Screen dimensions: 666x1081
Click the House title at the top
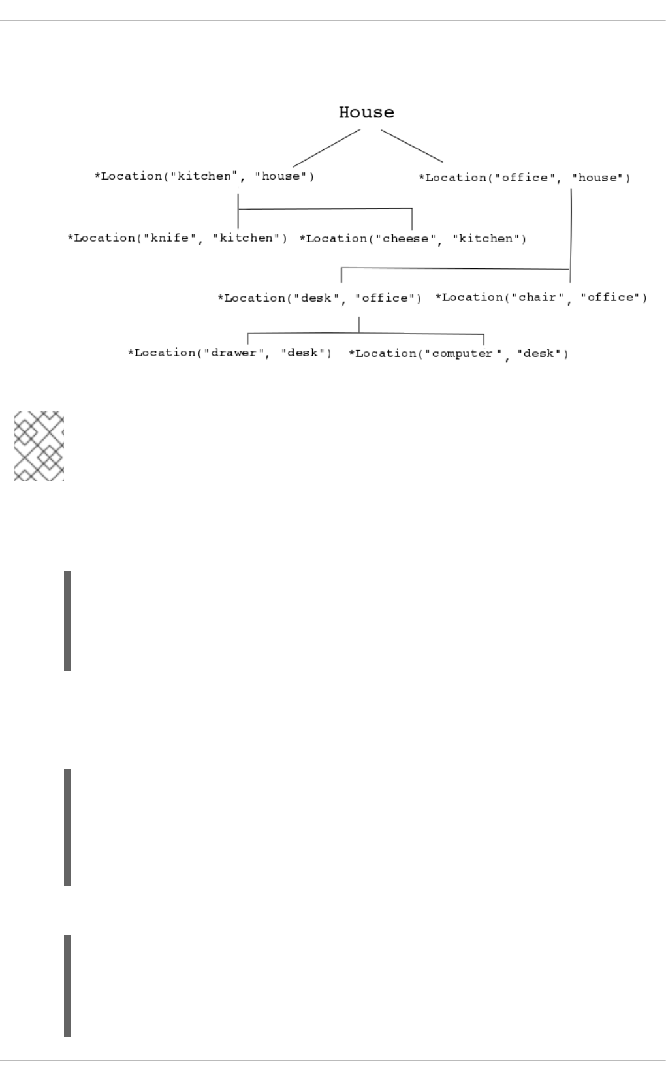[x=366, y=112]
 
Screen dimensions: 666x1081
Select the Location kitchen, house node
[x=204, y=176]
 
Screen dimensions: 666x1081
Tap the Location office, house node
[x=524, y=178]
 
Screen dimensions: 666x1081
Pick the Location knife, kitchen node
[x=177, y=238]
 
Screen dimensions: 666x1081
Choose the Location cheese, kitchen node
[x=413, y=239]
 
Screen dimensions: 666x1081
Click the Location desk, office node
[x=319, y=298]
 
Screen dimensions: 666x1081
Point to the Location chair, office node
[x=541, y=298]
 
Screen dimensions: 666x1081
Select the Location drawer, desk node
[x=229, y=353]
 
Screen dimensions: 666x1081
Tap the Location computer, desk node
[x=458, y=354]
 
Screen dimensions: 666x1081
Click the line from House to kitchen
[x=326, y=148]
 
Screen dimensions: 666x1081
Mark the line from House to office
[x=412, y=146]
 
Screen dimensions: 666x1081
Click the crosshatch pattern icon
[x=39, y=446]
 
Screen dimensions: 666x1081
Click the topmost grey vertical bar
[x=67, y=621]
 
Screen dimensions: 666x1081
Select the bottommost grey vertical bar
[x=67, y=986]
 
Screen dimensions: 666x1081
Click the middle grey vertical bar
[x=67, y=827]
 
